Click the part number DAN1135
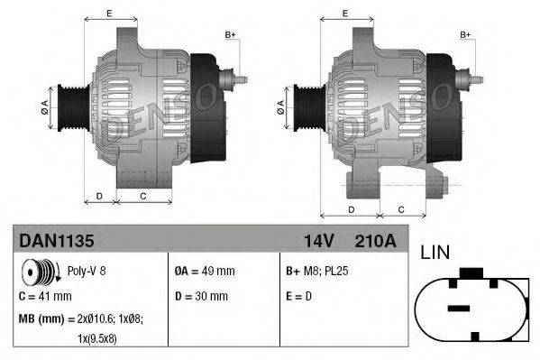click(56, 241)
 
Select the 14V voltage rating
click(317, 241)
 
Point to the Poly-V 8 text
click(87, 271)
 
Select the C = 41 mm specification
click(45, 295)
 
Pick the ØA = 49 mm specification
click(204, 271)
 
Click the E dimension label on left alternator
click(109, 13)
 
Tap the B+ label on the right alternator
click(465, 34)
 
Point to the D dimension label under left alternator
click(98, 195)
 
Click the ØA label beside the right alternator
click(280, 104)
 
